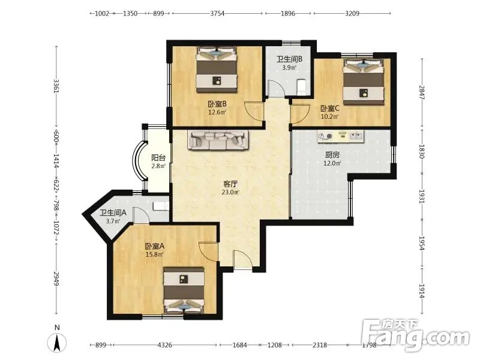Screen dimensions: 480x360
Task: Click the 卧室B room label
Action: (217, 104)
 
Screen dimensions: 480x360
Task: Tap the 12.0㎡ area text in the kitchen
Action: (332, 163)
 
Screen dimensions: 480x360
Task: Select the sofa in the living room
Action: (218, 140)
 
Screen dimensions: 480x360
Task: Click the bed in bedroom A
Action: (184, 290)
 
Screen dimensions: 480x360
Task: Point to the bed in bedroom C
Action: (364, 82)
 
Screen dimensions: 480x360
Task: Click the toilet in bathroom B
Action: (302, 86)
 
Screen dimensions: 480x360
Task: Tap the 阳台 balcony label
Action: (158, 158)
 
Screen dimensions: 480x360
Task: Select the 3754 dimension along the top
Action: (217, 13)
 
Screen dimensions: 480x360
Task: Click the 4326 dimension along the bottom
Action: (164, 345)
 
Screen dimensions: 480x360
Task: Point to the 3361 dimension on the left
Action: (56, 86)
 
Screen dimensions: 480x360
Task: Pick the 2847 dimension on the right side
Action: (422, 92)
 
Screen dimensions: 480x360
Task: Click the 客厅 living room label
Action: (230, 184)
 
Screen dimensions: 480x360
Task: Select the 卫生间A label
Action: (113, 212)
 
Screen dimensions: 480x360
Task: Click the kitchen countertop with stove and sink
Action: (341, 137)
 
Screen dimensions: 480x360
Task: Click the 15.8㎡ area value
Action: (154, 254)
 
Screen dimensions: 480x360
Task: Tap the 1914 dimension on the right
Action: (422, 291)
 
